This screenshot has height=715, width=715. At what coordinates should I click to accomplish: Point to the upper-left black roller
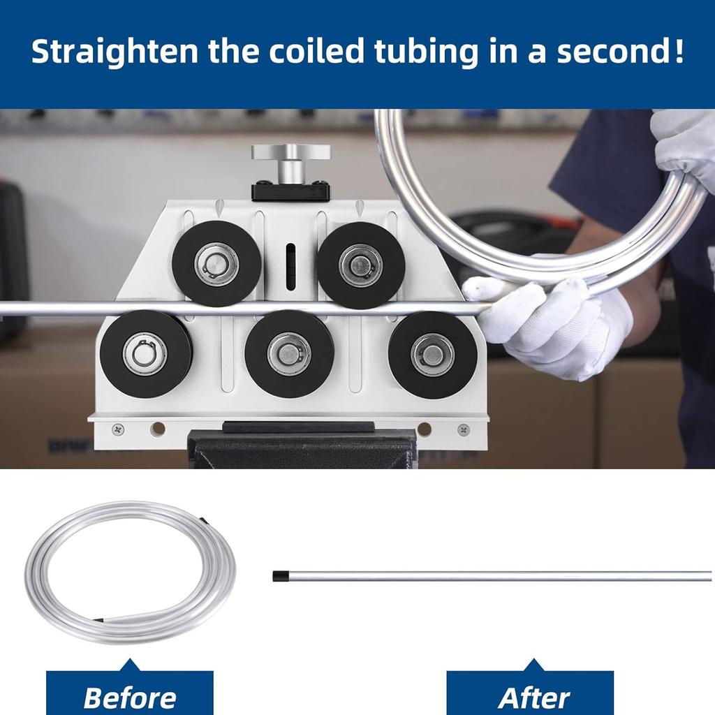pos(216,264)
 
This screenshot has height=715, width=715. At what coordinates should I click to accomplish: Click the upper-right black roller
pos(360,265)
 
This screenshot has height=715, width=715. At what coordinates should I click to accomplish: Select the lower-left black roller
pos(145,353)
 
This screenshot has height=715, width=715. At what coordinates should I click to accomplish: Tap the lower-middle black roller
pos(289,353)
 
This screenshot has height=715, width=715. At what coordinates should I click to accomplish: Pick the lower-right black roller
pos(432,354)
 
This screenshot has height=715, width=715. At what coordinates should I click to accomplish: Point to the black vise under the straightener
pos(302,450)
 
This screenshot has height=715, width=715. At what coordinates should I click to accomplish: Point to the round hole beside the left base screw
pos(158,429)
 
